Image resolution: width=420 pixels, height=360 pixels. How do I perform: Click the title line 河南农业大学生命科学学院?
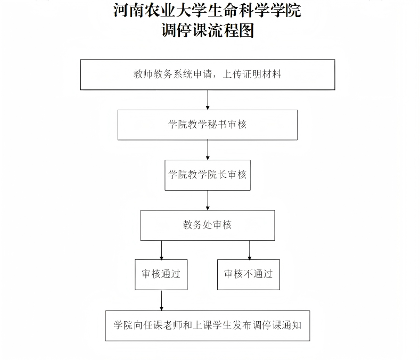[207, 10]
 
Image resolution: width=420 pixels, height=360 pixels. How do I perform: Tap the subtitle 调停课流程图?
[207, 30]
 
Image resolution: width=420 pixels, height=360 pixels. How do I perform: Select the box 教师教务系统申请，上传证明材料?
[207, 75]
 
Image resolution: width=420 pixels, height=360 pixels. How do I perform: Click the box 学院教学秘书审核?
[207, 125]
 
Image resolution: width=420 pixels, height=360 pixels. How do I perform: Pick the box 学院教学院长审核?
[207, 175]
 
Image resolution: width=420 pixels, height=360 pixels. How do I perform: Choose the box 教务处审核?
[207, 225]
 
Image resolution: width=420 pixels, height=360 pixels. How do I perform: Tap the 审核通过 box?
[161, 274]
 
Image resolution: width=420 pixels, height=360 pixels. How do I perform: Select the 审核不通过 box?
[248, 274]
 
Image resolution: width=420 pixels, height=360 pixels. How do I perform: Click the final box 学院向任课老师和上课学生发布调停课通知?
[207, 325]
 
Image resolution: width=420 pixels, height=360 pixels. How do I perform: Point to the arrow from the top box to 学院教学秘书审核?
[208, 100]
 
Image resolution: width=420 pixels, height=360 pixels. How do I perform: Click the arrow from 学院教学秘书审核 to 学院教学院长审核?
[208, 150]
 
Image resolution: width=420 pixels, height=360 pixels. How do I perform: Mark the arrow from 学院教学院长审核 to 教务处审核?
[208, 200]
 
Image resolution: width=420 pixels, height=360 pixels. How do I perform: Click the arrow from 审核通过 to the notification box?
[161, 300]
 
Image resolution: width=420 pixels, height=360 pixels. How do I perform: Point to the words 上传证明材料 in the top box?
[251, 75]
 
